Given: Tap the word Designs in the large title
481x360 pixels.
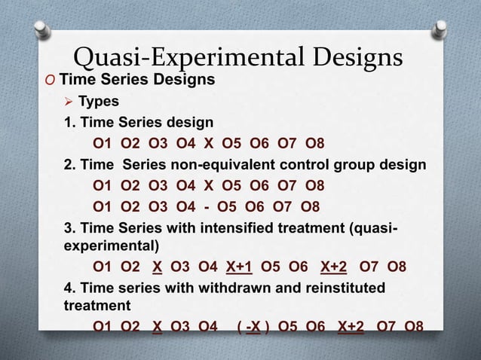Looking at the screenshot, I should (x=353, y=57).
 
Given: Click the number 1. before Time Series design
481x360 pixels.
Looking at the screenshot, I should (x=69, y=122).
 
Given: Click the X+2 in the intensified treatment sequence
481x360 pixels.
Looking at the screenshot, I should (x=334, y=267).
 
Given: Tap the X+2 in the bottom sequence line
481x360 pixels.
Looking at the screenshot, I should (x=351, y=326).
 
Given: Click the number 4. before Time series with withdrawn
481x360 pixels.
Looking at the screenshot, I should (x=69, y=288).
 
